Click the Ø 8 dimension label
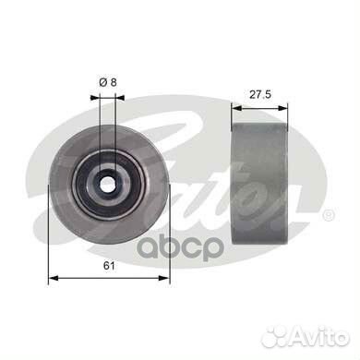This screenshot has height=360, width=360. coord(109,82)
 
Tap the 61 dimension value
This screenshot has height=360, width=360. coord(108,267)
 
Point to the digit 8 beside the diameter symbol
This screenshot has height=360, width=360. coord(115,82)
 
